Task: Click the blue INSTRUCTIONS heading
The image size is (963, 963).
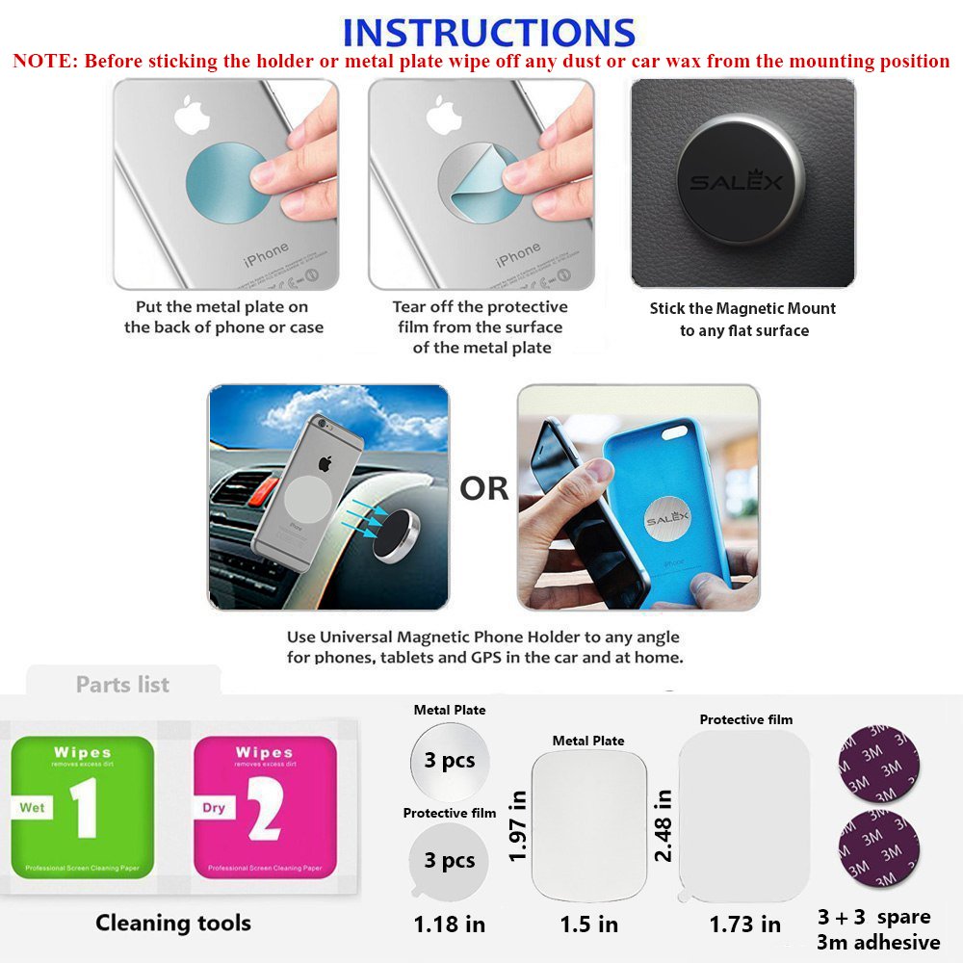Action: (x=488, y=31)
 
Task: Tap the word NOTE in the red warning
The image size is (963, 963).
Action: (x=43, y=62)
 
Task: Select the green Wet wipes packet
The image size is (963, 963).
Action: (x=82, y=805)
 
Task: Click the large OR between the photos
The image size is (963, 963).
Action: (x=483, y=489)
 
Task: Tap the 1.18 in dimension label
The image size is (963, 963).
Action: (x=450, y=924)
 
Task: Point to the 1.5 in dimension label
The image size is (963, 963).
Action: (x=589, y=924)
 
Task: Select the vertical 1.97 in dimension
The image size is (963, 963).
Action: (x=518, y=825)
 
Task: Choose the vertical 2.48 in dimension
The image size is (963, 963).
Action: (x=664, y=825)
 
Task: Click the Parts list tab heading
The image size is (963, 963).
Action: (x=122, y=685)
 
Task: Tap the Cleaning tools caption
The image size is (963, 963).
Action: (x=172, y=923)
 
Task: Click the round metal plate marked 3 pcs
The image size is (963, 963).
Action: (x=450, y=761)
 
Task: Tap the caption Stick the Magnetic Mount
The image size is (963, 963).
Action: (x=742, y=309)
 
